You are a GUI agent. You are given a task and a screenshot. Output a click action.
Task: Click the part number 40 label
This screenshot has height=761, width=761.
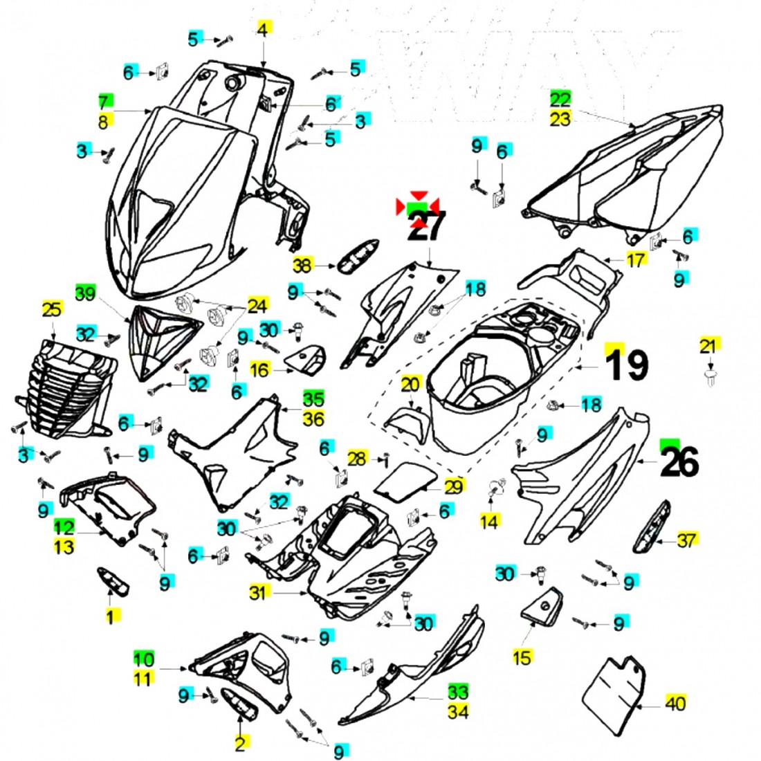point(675,703)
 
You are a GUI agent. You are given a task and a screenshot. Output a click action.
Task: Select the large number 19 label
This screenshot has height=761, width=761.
point(627,365)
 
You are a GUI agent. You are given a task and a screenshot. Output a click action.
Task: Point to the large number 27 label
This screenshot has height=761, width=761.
point(426,226)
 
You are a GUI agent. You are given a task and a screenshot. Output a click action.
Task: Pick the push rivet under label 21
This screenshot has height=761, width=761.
point(708,378)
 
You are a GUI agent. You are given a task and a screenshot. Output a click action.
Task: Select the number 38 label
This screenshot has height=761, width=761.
point(302,264)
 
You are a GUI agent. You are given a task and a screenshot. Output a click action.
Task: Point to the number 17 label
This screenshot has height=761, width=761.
point(635,260)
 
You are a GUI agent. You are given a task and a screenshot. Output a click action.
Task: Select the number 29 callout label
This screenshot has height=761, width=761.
point(452,486)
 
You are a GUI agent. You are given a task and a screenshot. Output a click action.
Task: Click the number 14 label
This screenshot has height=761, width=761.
point(489,521)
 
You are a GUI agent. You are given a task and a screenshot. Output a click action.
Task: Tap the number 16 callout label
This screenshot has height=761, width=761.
point(259,371)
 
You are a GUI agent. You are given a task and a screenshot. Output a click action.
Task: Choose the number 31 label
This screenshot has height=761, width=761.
point(257,592)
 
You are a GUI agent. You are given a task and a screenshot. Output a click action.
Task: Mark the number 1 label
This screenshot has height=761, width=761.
point(110,615)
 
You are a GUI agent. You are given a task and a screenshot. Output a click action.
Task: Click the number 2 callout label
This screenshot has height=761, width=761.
point(240,744)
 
